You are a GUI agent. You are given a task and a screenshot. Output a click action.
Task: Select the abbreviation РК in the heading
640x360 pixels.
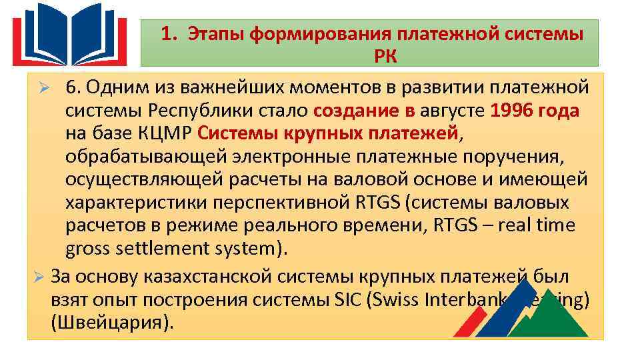385,56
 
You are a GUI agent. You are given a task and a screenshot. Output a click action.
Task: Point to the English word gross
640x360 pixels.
86,249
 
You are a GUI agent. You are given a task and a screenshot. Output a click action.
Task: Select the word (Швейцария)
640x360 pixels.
111,321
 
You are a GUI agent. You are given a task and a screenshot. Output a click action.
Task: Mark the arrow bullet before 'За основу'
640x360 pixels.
39,275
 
